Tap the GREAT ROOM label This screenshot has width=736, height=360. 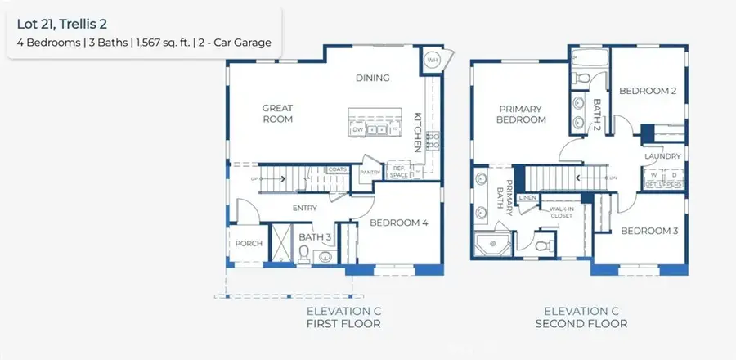tap(277, 113)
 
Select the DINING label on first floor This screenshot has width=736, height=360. tap(372, 79)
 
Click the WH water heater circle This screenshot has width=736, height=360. tap(432, 61)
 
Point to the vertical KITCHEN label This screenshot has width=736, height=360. tap(417, 131)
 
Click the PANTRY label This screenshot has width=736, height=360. tap(370, 172)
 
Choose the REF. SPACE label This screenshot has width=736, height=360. tap(397, 171)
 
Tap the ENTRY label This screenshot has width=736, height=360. tap(304, 208)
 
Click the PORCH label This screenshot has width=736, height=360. tap(249, 243)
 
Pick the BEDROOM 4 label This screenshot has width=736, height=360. tap(399, 222)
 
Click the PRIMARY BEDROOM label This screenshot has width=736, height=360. tap(522, 114)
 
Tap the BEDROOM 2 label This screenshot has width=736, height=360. tap(647, 91)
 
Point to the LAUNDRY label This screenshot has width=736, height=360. tap(662, 155)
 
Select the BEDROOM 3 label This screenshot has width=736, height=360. tap(649, 231)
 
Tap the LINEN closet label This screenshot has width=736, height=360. tap(527, 198)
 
